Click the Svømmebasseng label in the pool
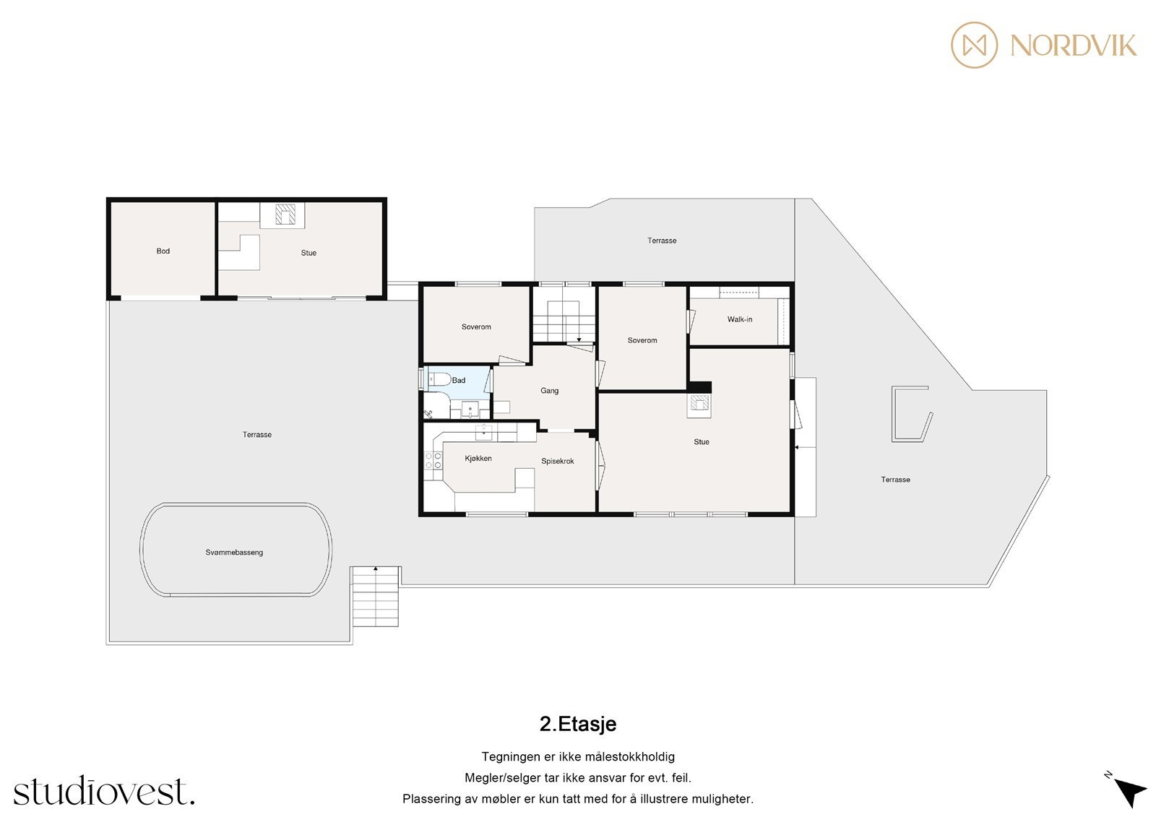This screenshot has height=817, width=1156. pyautogui.click(x=234, y=553)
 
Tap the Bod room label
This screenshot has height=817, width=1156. pyautogui.click(x=163, y=251)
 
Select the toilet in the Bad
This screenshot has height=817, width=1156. pyautogui.click(x=439, y=379)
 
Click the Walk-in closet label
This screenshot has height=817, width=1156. pyautogui.click(x=740, y=319)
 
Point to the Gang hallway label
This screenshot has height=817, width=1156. pyautogui.click(x=549, y=391)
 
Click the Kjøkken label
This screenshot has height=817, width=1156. pyautogui.click(x=478, y=459)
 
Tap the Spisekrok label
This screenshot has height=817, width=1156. pyautogui.click(x=558, y=461)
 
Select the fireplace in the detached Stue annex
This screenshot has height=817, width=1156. pyautogui.click(x=287, y=215)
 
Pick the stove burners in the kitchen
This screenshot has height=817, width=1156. pyautogui.click(x=433, y=461)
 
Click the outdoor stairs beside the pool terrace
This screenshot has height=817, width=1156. pyautogui.click(x=375, y=597)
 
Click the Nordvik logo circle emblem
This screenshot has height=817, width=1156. pyautogui.click(x=974, y=45)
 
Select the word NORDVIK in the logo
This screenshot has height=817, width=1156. pyautogui.click(x=1073, y=46)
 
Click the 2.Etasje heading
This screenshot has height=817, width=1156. pyautogui.click(x=578, y=724)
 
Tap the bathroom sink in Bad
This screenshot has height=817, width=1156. pyautogui.click(x=470, y=410)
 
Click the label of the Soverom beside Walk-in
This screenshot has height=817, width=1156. pyautogui.click(x=642, y=340)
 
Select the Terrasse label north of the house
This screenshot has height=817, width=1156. pyautogui.click(x=662, y=241)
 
